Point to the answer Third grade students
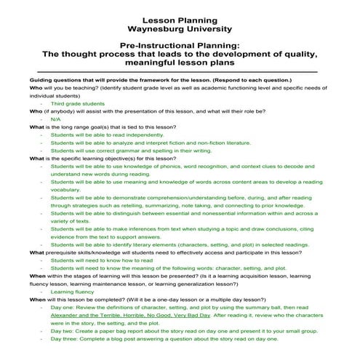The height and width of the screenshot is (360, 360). pyautogui.click(x=77, y=103)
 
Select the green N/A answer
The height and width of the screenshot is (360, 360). pyautogui.click(x=55, y=119)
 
